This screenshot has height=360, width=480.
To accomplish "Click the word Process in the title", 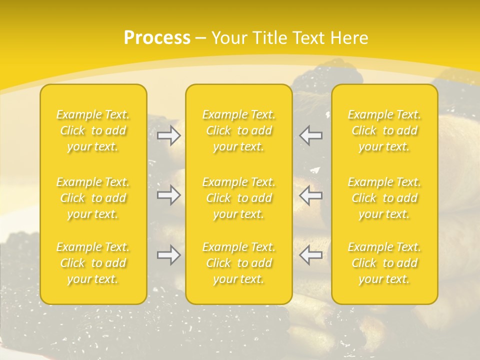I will pos(157,38).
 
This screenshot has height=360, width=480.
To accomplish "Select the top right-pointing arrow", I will pos(168,135).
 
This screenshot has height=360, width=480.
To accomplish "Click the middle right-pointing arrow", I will pos(168,195).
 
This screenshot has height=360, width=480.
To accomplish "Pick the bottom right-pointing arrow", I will pos(168,255).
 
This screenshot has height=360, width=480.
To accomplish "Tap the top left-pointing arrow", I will pos(311,135).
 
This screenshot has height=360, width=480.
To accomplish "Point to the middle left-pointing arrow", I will pos(311,195).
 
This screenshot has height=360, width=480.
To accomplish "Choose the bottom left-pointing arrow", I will pos(311,255).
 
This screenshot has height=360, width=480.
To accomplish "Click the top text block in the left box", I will pos(93,130).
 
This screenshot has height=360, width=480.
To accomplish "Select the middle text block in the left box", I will pos(93,198).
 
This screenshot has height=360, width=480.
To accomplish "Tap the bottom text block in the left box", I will pos(93,263).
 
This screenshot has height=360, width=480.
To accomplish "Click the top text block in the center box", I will pos(238,130).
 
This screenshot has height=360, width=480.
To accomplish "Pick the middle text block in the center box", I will pos(238,198).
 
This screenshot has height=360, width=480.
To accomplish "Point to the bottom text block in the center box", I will pos(238,263).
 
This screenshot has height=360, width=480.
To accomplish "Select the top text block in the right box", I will pos(384,130).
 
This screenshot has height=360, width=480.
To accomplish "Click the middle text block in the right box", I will pos(384,198).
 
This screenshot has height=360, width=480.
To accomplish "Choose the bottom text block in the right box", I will pos(384,263).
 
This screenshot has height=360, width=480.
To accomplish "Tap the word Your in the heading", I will pos(229,38).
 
